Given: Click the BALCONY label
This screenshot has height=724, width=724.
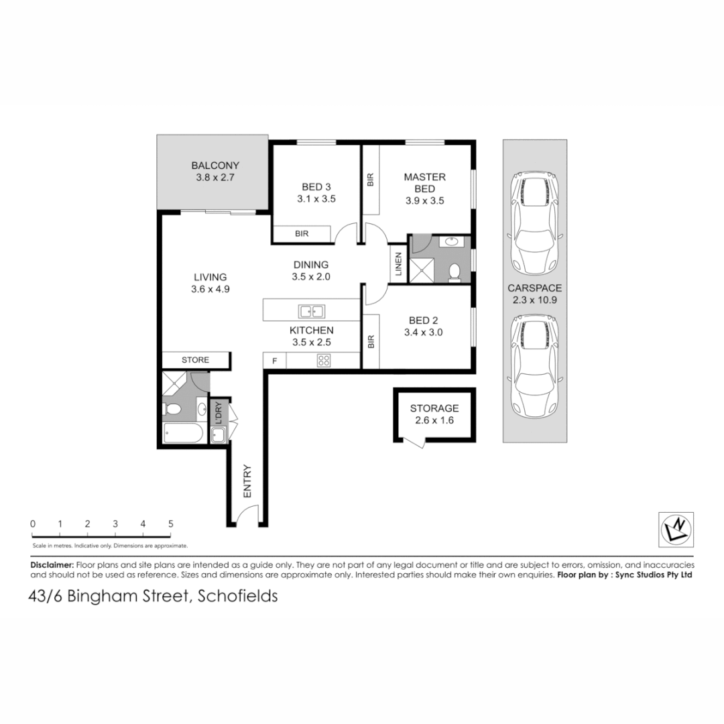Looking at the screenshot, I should [215, 166].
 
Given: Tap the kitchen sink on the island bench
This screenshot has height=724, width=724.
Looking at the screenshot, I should [312, 311].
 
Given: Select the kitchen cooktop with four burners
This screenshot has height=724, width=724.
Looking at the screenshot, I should [323, 361].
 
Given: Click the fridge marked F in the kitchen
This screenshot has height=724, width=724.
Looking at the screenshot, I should [274, 361].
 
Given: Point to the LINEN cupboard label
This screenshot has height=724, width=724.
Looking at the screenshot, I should [398, 265].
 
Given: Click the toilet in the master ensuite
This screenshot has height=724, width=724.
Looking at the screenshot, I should [454, 271].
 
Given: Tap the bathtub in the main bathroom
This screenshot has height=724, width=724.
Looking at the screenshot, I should [183, 434].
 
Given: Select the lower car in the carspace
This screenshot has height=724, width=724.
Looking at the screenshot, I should [534, 365].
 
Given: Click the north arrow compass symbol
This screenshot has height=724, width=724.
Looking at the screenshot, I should [676, 529].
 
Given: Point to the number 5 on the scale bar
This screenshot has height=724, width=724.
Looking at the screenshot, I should [171, 524].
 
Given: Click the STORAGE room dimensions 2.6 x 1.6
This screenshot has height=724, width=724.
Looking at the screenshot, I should [434, 420].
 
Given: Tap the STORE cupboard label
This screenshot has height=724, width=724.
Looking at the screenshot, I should [196, 360].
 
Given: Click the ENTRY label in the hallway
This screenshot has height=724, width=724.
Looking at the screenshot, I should [247, 481].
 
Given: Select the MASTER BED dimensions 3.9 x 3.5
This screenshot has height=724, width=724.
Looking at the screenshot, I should [425, 200].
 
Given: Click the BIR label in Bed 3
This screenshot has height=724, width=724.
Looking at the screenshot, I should [302, 233].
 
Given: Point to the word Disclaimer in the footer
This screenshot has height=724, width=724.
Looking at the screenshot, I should [52, 565].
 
